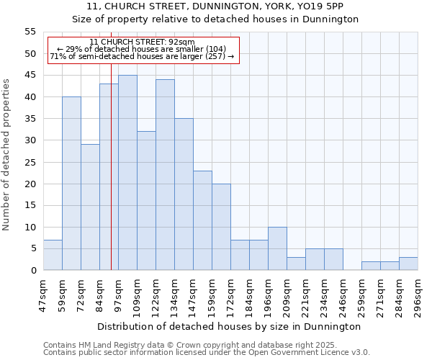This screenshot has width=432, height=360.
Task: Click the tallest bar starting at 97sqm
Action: (x=127, y=173)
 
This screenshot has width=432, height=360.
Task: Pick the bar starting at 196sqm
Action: (x=277, y=248)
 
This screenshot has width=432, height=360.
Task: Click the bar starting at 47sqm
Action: (x=53, y=255)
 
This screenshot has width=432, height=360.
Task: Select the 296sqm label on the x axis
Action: (x=418, y=293)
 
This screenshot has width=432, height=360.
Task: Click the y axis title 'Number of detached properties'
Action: (x=6, y=155)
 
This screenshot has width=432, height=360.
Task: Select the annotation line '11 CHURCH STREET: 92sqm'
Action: (x=143, y=42)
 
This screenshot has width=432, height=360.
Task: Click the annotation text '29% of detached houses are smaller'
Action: (x=141, y=49)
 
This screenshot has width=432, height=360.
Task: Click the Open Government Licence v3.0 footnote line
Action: (x=207, y=353)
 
